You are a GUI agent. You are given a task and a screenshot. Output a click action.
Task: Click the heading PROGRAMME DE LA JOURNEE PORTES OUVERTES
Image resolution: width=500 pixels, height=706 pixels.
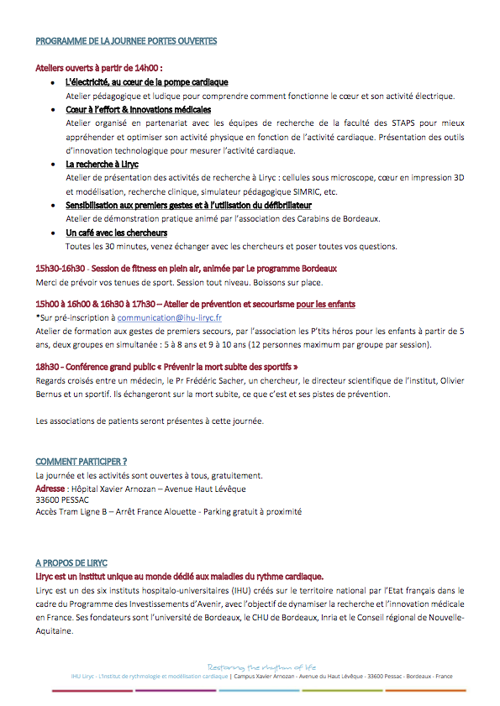pos(126,40)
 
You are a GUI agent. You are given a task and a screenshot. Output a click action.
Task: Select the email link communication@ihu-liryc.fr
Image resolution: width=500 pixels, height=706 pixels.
pos(170,318)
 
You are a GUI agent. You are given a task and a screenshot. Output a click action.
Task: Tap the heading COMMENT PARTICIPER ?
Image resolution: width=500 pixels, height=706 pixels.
pos(82,462)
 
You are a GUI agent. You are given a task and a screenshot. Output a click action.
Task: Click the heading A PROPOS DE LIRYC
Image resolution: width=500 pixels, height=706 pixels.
pos(71,562)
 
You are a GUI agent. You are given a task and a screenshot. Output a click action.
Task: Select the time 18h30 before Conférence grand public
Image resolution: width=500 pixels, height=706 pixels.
pos(47,368)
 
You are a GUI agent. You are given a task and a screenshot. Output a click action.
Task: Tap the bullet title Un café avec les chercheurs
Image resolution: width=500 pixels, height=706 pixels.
pos(116,233)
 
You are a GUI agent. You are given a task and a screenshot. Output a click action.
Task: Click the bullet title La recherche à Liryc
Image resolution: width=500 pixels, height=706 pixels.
pos(102,165)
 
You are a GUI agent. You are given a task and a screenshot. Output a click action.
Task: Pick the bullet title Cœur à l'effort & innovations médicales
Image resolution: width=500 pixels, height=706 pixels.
pos(138,110)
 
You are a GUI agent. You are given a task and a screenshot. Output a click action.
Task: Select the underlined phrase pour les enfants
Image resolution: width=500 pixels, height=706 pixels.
pos(324,304)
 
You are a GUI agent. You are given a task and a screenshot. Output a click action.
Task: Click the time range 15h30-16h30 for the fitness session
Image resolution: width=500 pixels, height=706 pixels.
pos(61,269)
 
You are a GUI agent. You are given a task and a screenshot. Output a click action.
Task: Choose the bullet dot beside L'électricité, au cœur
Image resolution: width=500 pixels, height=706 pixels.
pos(53,83)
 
